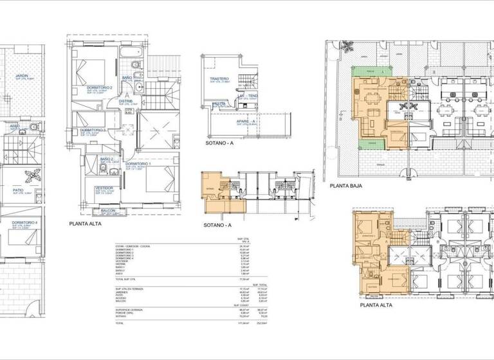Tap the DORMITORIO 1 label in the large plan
tap(138, 164)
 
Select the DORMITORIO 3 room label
tap(94, 130)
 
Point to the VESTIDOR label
tap(105, 187)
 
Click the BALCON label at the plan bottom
tap(108, 210)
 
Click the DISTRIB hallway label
tap(126, 101)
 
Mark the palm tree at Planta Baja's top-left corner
tap(348, 46)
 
